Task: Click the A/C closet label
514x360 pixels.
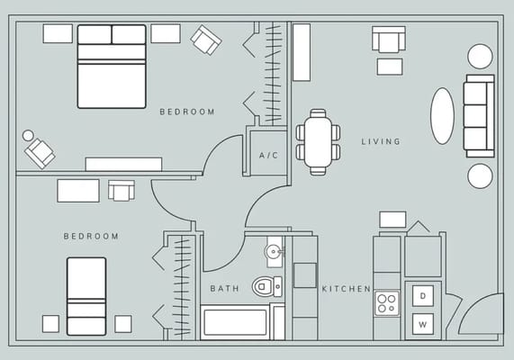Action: [x=268, y=156]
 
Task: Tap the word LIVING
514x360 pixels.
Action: [x=381, y=141]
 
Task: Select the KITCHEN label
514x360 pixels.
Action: [x=347, y=289]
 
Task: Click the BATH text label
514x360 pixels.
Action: [x=224, y=289]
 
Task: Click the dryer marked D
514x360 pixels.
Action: [x=422, y=294]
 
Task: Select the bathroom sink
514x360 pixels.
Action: [x=275, y=250]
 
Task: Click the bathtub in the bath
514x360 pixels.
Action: [x=235, y=322]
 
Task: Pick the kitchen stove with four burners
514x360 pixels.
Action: [x=387, y=302]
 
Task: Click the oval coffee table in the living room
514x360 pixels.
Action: [x=442, y=115]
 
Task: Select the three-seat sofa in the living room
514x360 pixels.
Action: [x=478, y=115]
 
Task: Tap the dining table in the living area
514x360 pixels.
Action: [x=318, y=140]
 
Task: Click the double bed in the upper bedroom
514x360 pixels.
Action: [x=112, y=66]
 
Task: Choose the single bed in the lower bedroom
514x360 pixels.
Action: [x=86, y=295]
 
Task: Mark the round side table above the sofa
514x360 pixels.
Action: [x=480, y=56]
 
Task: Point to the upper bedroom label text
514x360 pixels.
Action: [x=187, y=112]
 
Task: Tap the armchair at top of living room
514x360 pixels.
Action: [x=389, y=40]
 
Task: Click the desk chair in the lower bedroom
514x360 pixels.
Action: [x=121, y=190]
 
